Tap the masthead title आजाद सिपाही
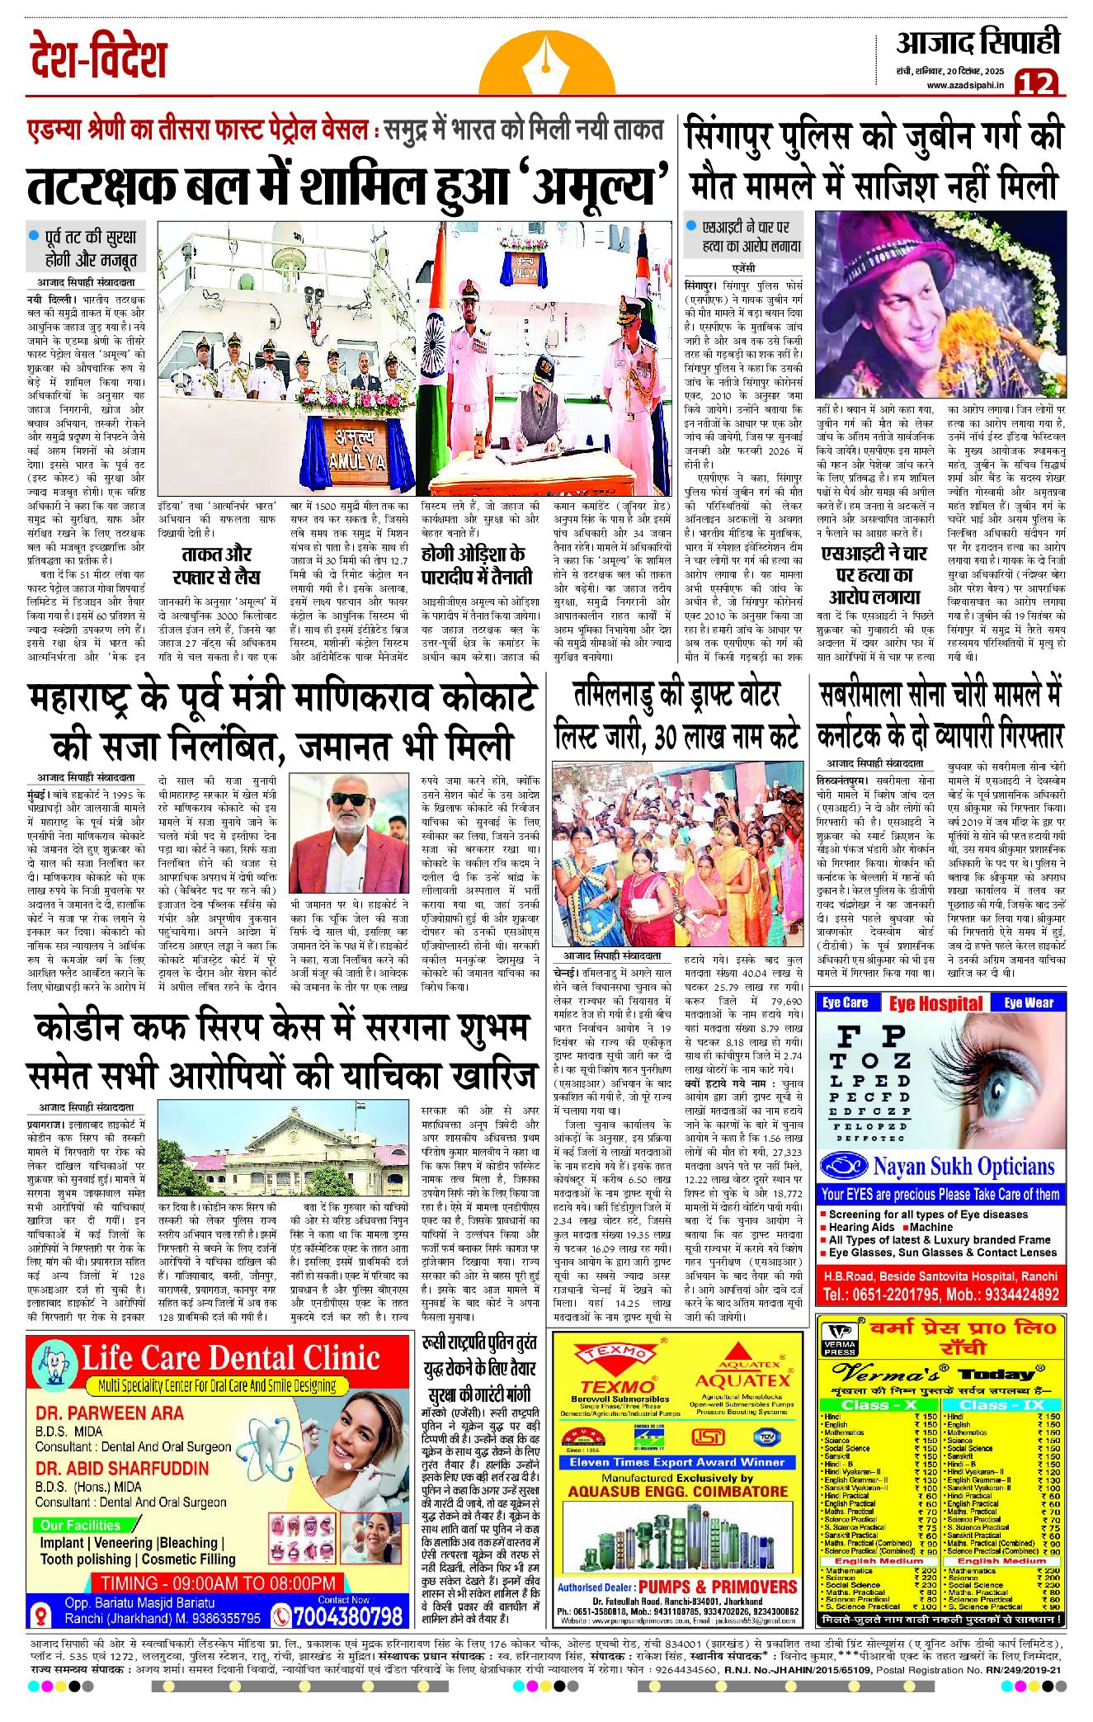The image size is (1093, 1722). [x=978, y=43]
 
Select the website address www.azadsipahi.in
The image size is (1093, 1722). [x=966, y=85]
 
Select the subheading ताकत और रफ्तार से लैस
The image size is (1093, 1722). [x=216, y=564]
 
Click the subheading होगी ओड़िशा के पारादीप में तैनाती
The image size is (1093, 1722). [x=473, y=564]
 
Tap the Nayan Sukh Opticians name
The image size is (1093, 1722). [x=963, y=1166]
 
